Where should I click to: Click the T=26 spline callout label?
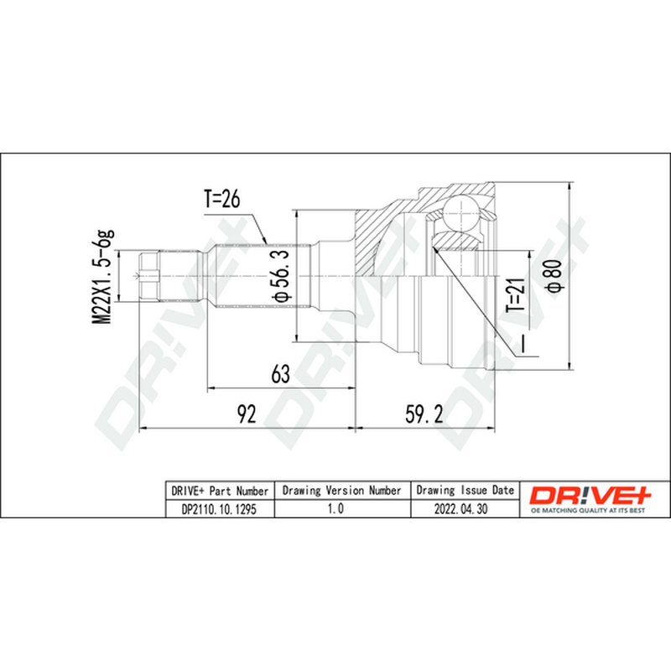(221, 199)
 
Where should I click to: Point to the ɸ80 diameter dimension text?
(554, 276)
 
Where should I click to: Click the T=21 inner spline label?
(515, 295)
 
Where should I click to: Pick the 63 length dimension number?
(281, 374)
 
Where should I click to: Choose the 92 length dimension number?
(246, 414)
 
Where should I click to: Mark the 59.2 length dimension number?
(424, 414)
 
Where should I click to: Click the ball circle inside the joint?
(461, 212)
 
